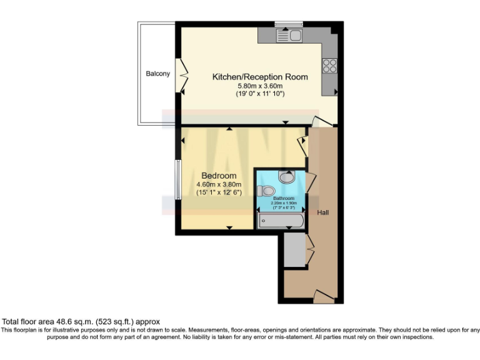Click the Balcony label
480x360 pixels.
coord(157,74)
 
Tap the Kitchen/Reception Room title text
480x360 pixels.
coord(260,77)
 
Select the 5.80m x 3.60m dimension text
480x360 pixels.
coord(260,86)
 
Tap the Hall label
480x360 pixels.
coord(322,212)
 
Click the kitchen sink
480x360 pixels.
coord(289,35)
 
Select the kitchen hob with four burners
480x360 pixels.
coord(329,65)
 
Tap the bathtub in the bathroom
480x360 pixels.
coord(281,221)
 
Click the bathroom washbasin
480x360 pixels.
coord(287,177)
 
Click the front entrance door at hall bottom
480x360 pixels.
coord(324,296)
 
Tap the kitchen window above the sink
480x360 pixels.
coord(288,24)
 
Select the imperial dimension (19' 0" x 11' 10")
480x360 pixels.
coord(260,94)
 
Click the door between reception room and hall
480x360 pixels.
coord(321,122)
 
